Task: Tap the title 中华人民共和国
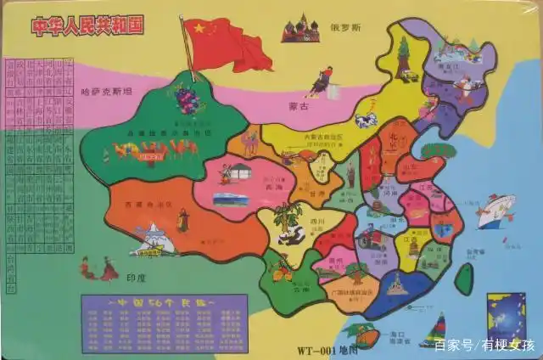pyautogui.click(x=88, y=25)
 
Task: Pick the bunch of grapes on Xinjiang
pyautogui.click(x=188, y=98)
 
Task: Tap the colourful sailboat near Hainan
pyautogui.click(x=434, y=329)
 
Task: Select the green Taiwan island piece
pyautogui.click(x=463, y=278)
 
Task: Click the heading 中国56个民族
pyautogui.click(x=162, y=303)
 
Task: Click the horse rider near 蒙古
pyautogui.click(x=321, y=81)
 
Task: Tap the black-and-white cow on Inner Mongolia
pyautogui.click(x=366, y=121)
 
